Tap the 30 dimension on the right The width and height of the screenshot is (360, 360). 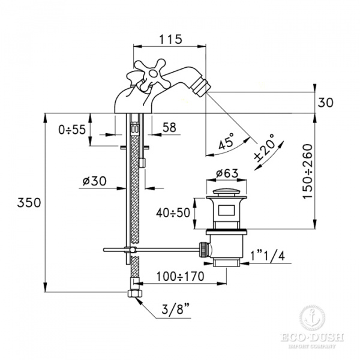tap(325, 101)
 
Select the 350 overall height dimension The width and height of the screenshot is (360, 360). tap(29, 202)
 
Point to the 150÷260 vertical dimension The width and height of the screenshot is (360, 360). tap(308, 171)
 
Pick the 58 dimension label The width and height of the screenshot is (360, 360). tap(169, 127)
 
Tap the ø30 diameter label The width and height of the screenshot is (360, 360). tap(94, 180)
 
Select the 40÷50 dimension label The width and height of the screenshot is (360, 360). tap(175, 213)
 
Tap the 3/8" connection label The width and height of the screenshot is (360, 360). tap(176, 312)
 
